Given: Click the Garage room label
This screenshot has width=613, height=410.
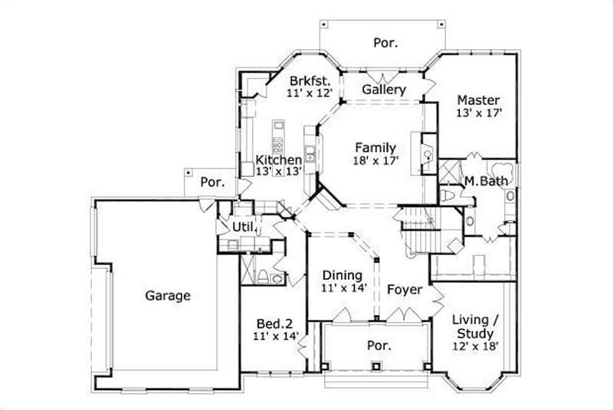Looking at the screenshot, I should tap(168, 296).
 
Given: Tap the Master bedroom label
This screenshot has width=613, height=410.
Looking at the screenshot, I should tap(478, 100).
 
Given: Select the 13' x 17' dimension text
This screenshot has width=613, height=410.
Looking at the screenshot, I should tap(478, 113).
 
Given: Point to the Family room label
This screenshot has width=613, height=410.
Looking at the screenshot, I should tap(375, 148).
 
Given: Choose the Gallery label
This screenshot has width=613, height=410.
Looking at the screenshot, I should tap(384, 90).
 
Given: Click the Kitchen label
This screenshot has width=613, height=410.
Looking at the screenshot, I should tap(278, 160).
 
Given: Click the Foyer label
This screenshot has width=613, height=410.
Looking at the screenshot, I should tap(404, 290).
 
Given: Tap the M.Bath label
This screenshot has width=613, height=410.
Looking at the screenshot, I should tap(482, 182).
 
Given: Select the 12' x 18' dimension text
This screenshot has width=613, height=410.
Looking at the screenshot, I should tap(476, 346).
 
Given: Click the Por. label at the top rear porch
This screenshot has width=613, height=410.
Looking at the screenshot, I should tap(385, 43).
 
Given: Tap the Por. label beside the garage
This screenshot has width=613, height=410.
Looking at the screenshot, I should tap(211, 182).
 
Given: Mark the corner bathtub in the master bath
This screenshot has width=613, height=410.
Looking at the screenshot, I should tap(503, 172).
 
